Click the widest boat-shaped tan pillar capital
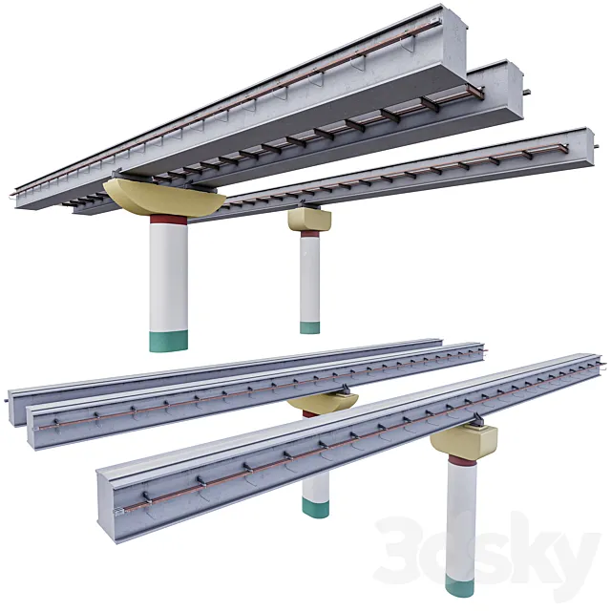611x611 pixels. click(162, 197)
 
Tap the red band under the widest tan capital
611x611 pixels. click(169, 219)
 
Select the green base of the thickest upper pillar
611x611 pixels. click(168, 341)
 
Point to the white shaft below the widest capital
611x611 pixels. click(168, 277)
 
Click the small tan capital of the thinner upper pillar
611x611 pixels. click(309, 220)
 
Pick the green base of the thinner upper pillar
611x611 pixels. click(309, 327)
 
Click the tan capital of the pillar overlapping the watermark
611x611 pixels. click(464, 440)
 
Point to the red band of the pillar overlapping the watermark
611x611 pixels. click(463, 460)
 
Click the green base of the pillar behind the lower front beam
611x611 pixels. click(316, 507)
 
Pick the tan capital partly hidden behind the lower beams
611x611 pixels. click(325, 402)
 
